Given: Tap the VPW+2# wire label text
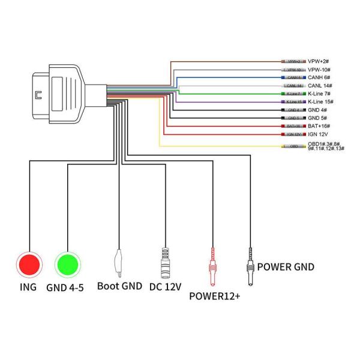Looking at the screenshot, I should pyautogui.click(x=320, y=62).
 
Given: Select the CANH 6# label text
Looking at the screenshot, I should pyautogui.click(x=319, y=78).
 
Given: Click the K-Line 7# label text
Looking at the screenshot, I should pyautogui.click(x=321, y=94).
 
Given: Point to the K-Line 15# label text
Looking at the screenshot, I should pyautogui.click(x=322, y=102).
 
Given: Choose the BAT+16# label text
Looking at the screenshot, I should pyautogui.click(x=320, y=127).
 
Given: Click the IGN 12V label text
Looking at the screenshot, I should pyautogui.click(x=319, y=134).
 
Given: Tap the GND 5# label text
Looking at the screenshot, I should pyautogui.click(x=318, y=118).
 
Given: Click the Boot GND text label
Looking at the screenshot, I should pyautogui.click(x=119, y=287).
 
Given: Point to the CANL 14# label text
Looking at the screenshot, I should pyautogui.click(x=320, y=86).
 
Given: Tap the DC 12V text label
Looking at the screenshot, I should pyautogui.click(x=164, y=287).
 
